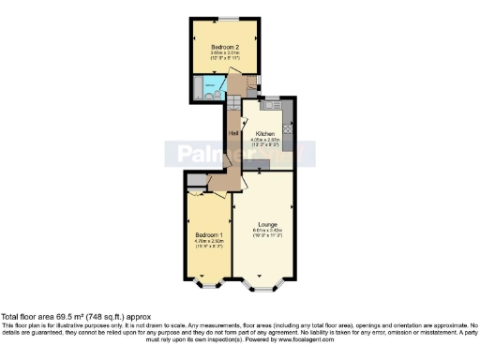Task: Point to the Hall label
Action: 232,133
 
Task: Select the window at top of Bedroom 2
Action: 231,18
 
